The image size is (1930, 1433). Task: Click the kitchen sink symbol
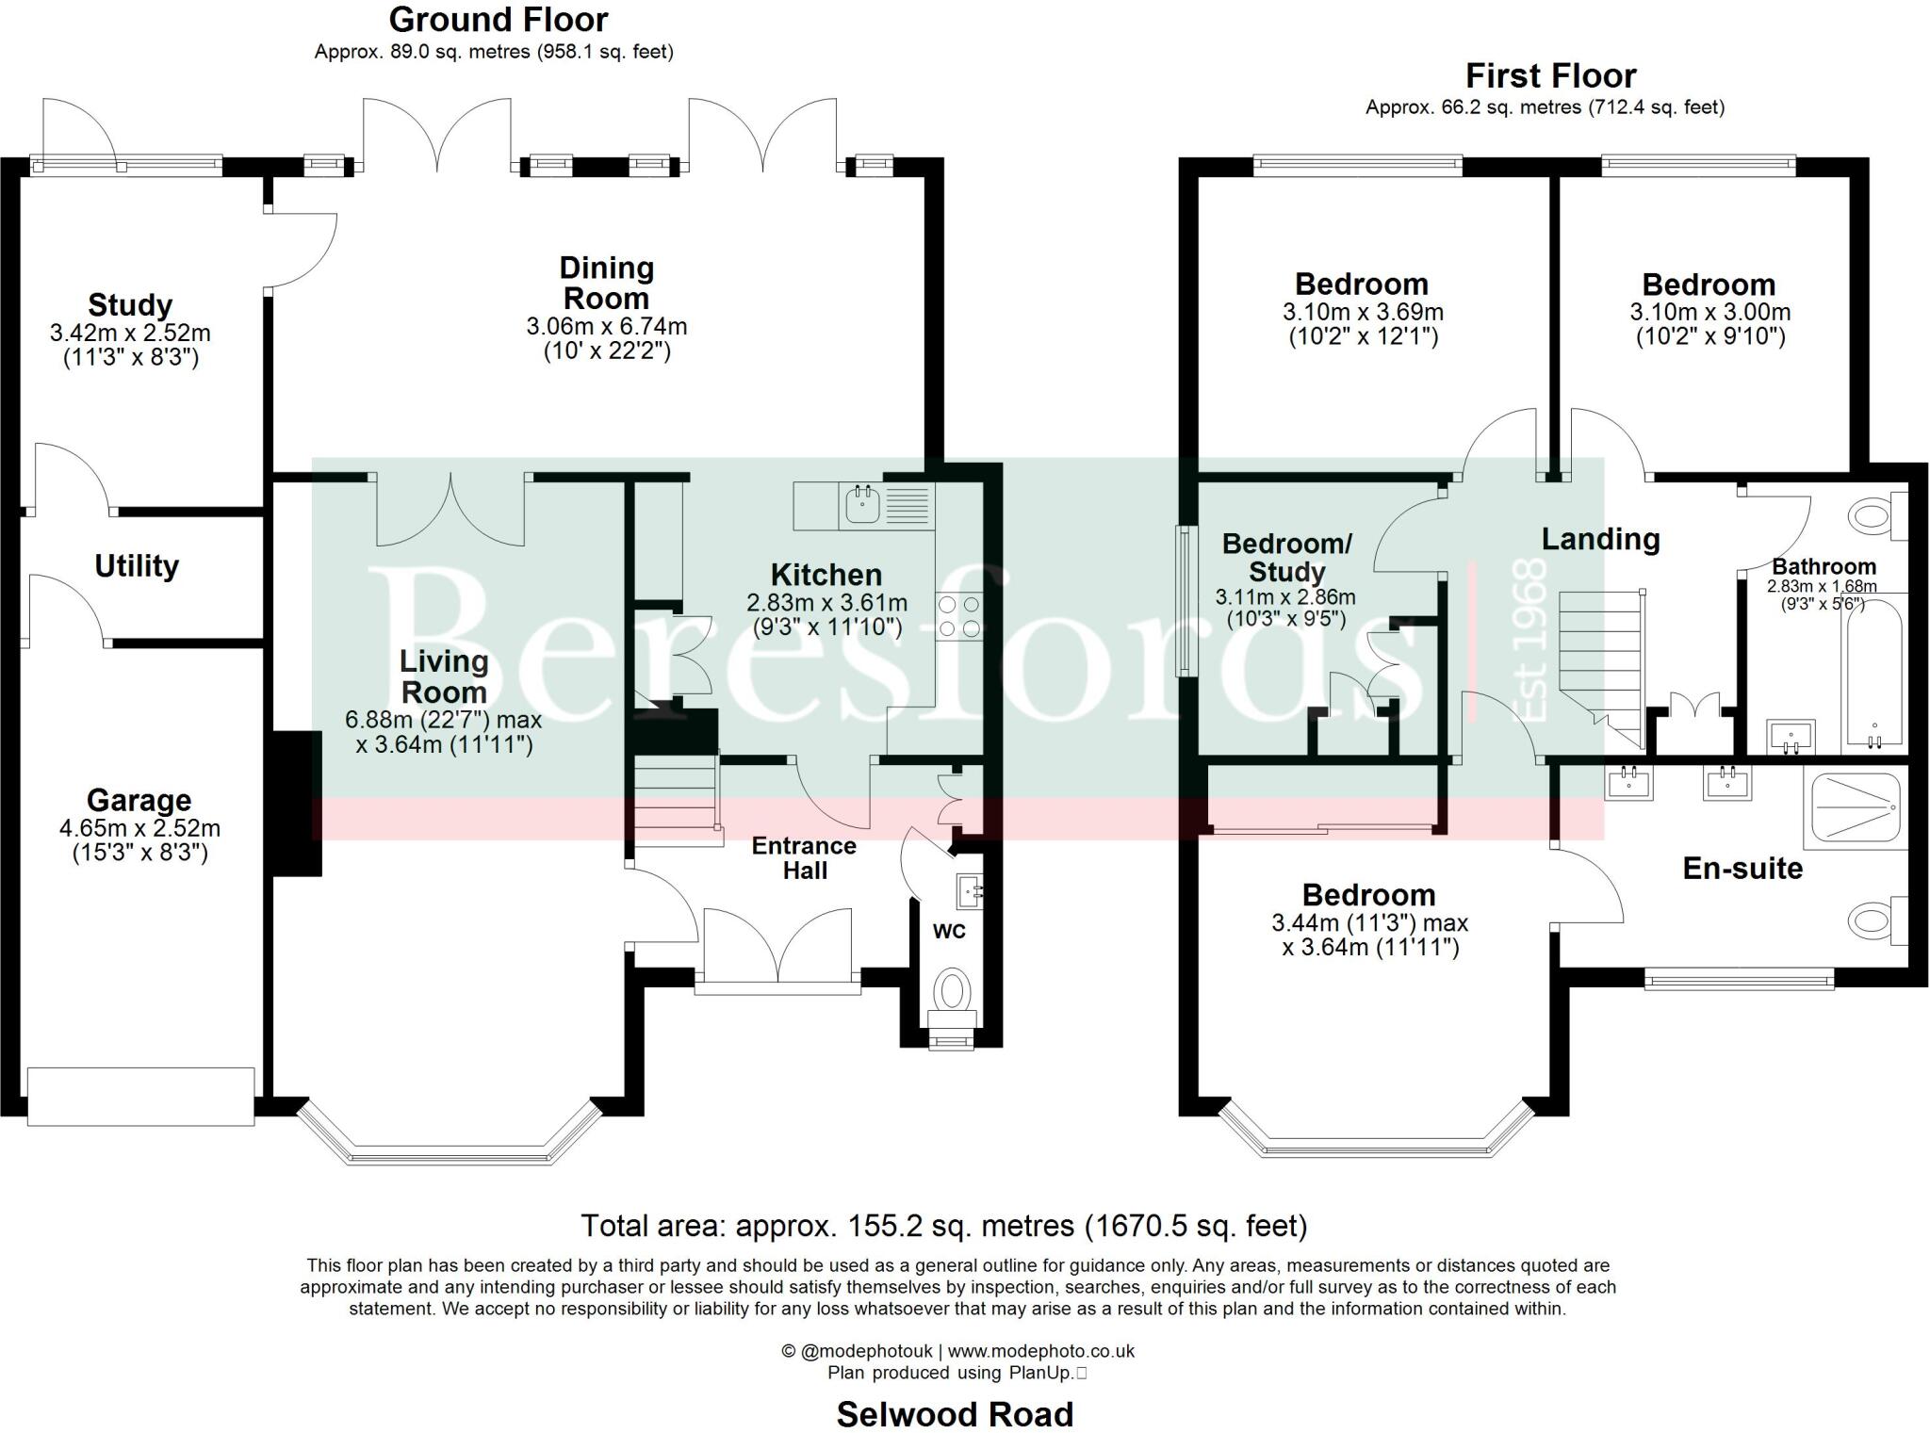coord(862,505)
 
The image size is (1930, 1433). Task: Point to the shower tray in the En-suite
coord(1854,807)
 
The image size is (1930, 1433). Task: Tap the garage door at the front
coord(140,1096)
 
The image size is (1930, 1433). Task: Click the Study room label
coord(130,305)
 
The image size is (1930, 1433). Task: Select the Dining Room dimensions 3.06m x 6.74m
coord(606,327)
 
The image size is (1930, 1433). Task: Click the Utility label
coord(137,566)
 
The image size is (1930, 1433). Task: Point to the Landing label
coord(1600,539)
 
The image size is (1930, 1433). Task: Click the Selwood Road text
coord(955,1414)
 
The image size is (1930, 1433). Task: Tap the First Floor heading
coord(1550,75)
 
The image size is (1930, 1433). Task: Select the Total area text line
coord(943,1226)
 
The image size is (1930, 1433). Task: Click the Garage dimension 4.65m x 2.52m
coord(139,829)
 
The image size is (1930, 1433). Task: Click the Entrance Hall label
coord(804,857)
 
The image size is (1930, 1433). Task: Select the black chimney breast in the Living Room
coord(297,804)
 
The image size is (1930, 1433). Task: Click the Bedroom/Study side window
coord(1182,600)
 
